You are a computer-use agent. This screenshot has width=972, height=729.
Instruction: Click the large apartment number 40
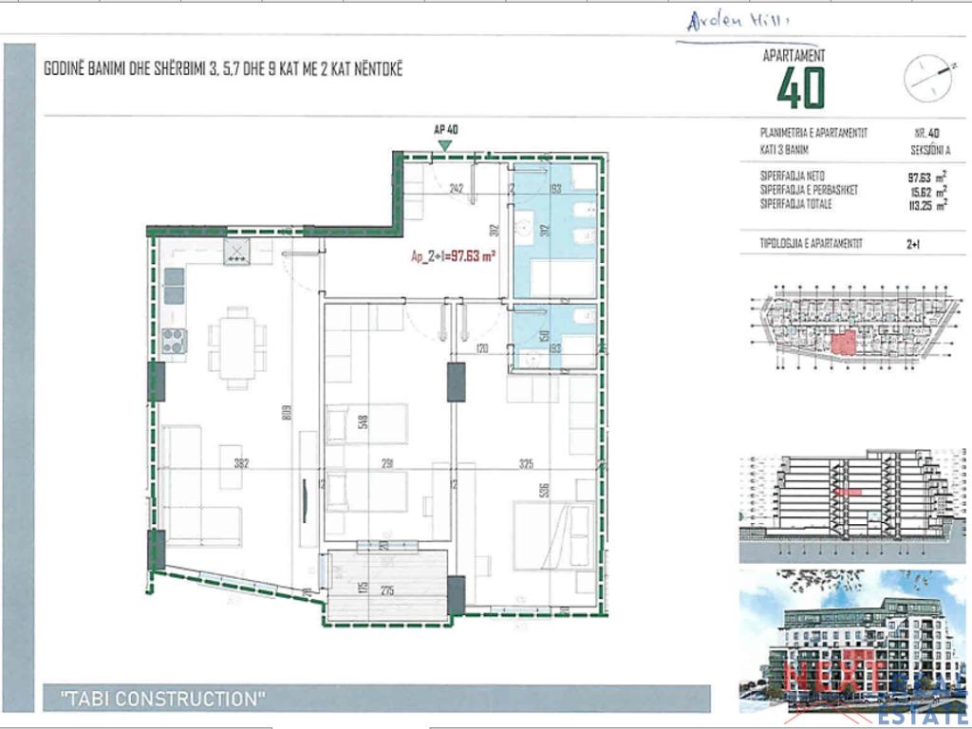(801, 88)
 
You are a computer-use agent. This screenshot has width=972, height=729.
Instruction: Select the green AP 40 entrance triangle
(444, 144)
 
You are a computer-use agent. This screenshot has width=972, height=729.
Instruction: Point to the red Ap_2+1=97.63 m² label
(454, 254)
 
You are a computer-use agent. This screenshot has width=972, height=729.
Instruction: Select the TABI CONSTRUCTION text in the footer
(163, 700)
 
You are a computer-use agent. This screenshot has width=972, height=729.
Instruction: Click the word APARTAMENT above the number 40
(794, 56)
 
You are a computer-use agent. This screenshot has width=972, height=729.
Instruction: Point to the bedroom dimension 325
(527, 464)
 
